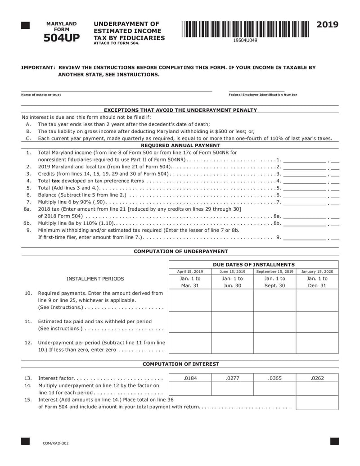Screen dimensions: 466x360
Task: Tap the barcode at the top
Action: [x=245, y=29]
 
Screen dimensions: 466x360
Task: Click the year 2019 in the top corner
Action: [x=327, y=25]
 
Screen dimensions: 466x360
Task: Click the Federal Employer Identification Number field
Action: [x=256, y=89]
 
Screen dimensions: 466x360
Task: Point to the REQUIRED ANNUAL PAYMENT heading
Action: [x=180, y=145]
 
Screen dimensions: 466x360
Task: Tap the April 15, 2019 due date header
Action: [x=190, y=271]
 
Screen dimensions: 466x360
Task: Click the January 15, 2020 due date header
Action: [x=317, y=271]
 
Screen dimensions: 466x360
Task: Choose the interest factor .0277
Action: [x=232, y=378]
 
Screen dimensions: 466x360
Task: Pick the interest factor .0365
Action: [x=274, y=378]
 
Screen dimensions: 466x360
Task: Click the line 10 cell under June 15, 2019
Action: [x=232, y=300]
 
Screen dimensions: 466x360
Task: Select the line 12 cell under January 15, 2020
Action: [x=317, y=343]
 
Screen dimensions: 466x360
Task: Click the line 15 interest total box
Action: [x=317, y=403]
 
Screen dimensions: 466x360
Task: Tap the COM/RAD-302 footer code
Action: [x=56, y=443]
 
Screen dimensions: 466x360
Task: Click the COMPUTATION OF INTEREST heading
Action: [x=180, y=364]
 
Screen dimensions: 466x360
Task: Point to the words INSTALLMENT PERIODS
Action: [x=95, y=279]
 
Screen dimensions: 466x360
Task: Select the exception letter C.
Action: [x=28, y=138]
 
